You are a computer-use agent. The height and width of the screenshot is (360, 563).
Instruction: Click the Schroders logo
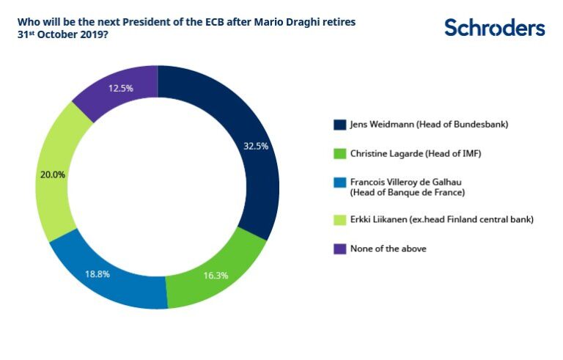coord(494,28)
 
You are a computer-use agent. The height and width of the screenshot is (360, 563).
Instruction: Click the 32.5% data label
coord(256,146)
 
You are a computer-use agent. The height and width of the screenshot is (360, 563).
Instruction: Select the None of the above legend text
coord(388,249)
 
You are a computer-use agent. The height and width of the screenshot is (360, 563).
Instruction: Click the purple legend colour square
coord(339,249)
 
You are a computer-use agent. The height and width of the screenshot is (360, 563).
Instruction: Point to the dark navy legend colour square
coord(339,124)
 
